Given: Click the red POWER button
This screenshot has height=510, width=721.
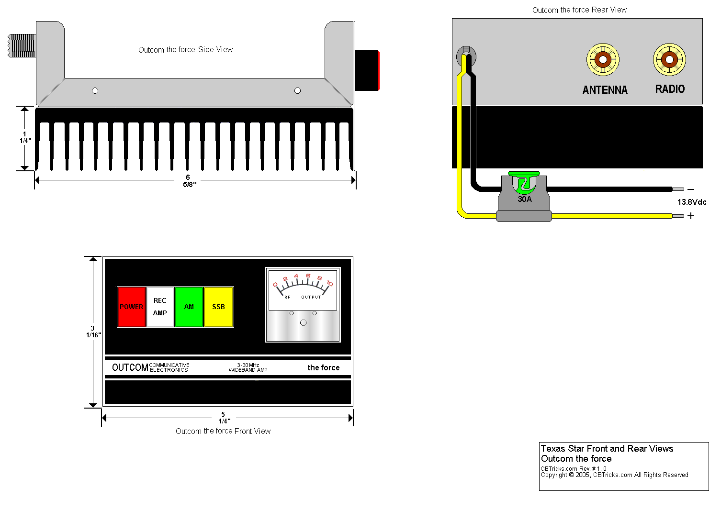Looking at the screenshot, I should (131, 307).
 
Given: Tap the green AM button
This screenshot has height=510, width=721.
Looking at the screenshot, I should (189, 307).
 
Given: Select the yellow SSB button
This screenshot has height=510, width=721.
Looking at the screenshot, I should (219, 307).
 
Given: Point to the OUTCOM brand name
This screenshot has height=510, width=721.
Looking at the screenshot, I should (130, 367).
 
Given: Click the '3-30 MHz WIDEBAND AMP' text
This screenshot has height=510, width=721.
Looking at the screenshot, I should (248, 367).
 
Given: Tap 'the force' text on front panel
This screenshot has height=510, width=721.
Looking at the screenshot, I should (324, 367).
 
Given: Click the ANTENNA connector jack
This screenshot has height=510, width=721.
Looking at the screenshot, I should (603, 60).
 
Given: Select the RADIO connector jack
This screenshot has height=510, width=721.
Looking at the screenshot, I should (669, 60).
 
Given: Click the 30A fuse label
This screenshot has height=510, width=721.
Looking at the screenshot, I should (525, 199).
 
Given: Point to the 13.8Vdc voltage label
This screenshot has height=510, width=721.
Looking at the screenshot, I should (691, 202).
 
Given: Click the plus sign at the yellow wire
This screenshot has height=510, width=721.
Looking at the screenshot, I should (691, 216).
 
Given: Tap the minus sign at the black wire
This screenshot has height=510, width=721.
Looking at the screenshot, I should (691, 190).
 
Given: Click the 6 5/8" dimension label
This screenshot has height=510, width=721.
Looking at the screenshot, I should (189, 181).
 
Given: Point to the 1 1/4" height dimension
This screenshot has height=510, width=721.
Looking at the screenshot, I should (25, 138).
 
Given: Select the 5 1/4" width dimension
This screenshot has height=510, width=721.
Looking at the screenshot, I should (224, 418).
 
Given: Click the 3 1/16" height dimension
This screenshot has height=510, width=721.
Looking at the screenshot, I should (93, 332).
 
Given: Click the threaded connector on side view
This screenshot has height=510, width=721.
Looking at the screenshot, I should (22, 46).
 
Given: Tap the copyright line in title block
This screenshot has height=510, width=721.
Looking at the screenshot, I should (614, 475).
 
